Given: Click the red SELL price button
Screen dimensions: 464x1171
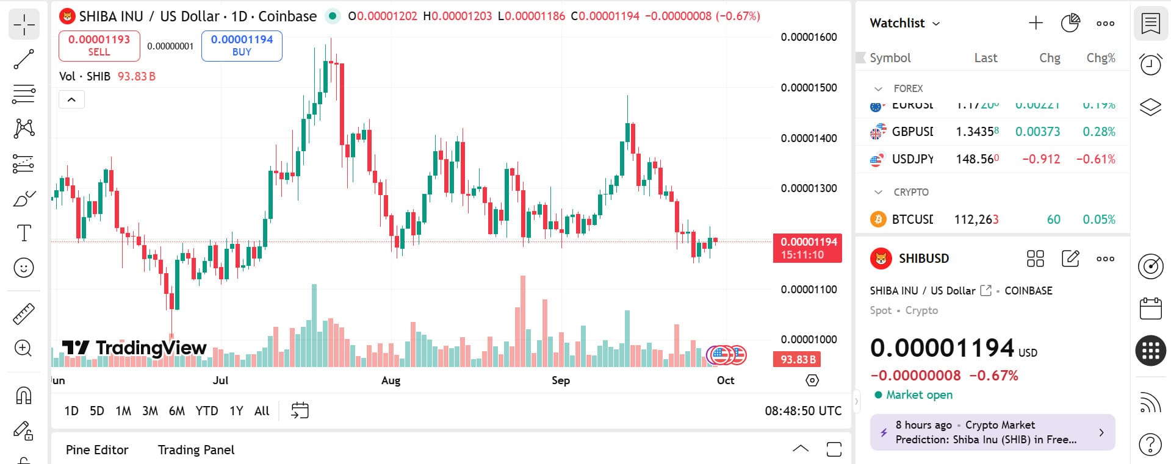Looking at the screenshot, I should [99, 46].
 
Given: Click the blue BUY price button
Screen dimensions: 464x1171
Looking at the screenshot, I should [242, 46].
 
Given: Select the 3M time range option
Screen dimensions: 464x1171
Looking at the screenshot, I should [150, 411].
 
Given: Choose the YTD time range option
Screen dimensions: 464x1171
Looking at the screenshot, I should [207, 411].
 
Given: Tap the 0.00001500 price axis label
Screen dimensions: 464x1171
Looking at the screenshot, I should [809, 88].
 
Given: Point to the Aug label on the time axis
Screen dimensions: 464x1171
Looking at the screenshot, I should [391, 380].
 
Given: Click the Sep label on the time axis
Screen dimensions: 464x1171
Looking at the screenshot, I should [561, 380].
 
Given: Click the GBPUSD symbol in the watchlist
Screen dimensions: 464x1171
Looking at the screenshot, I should [912, 132].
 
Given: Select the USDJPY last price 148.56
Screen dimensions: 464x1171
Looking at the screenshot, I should [977, 159].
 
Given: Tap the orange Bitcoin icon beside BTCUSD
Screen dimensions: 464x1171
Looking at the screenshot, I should [878, 220].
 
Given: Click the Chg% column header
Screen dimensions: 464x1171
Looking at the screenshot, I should [1100, 58].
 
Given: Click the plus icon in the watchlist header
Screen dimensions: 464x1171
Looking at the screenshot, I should [1036, 23].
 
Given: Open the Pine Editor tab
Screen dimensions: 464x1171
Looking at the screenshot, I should [97, 450].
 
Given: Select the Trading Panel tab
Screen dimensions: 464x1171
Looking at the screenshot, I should [196, 450].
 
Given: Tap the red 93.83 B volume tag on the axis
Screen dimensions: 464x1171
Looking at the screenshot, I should [797, 360].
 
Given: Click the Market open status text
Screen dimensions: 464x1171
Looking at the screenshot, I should [919, 395].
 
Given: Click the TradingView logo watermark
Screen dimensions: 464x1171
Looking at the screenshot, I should [135, 348].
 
